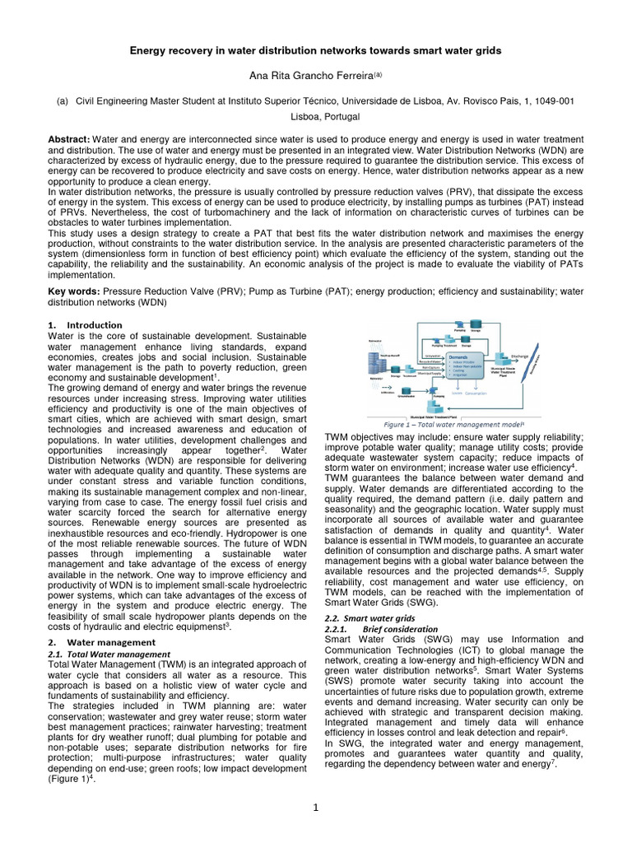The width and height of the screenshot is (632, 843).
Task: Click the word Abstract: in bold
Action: (x=70, y=140)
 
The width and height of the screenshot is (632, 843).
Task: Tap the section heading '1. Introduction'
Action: (x=74, y=326)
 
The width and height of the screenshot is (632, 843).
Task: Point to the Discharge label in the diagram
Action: (x=519, y=356)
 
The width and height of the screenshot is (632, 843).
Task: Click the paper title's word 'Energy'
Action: (x=151, y=51)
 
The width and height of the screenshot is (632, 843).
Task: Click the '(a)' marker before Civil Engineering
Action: (x=61, y=100)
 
